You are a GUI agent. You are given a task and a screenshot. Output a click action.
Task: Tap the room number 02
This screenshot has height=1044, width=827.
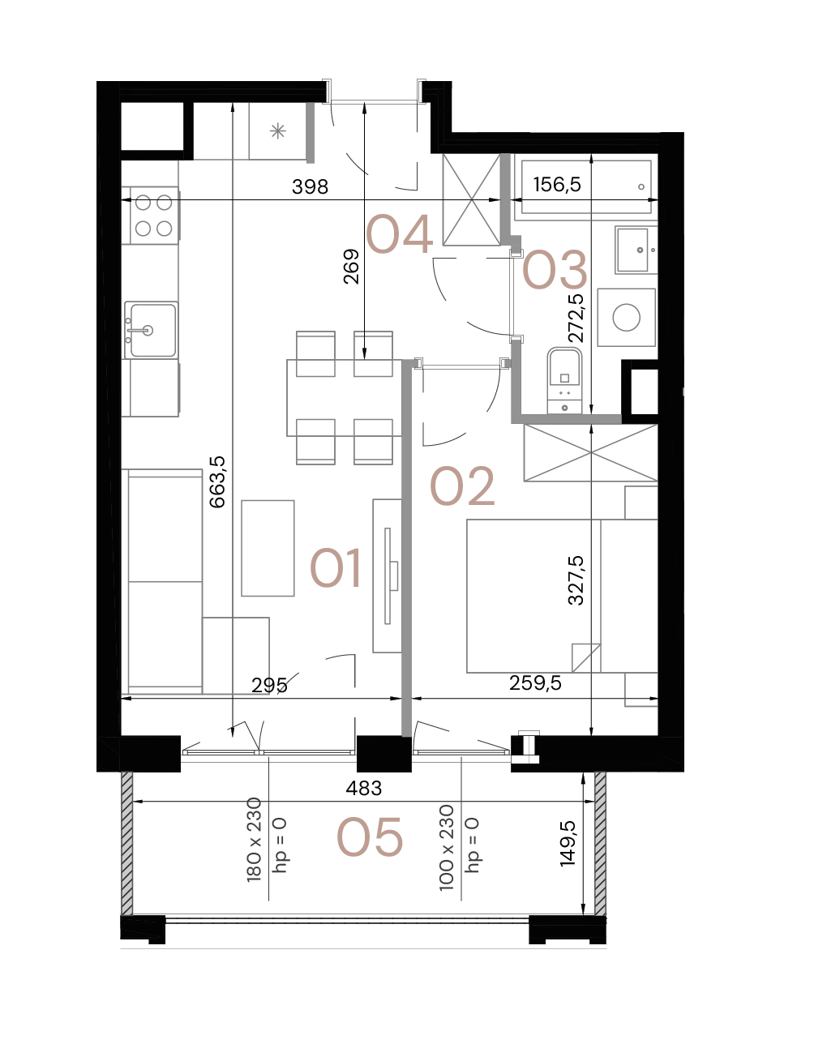[461, 487]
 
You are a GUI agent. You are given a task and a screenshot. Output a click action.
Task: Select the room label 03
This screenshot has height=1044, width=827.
[555, 270]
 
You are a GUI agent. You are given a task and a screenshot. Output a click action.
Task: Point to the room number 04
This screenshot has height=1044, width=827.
[399, 236]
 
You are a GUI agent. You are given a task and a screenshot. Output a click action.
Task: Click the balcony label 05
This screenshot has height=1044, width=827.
[370, 837]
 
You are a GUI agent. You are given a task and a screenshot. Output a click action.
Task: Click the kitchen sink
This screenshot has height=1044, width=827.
[151, 330]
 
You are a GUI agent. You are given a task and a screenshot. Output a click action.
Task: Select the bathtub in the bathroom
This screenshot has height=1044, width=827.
[585, 187]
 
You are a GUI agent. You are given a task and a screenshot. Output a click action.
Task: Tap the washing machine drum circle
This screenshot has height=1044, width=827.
[627, 317]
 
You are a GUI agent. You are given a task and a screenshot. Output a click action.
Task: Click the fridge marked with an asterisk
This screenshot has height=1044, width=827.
[278, 130]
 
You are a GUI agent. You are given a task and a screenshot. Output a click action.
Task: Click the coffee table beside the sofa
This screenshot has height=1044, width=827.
[268, 549]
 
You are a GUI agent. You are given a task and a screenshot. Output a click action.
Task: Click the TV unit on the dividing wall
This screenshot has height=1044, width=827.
[387, 575]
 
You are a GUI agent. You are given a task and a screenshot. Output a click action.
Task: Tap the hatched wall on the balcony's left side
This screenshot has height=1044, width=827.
[127, 843]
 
